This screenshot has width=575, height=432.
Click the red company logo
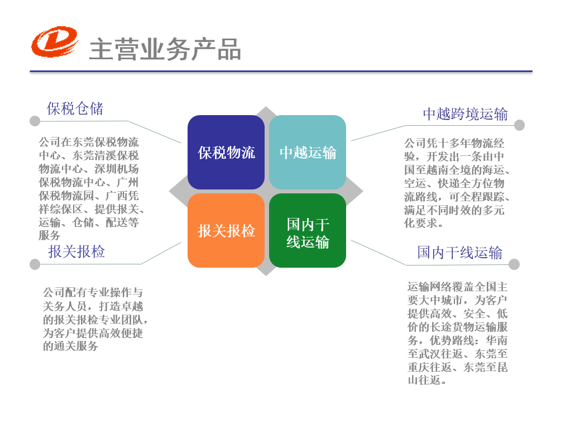pos(54,42)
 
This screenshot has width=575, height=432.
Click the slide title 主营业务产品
pos(165,50)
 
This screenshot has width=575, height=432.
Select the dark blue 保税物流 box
pos(226,152)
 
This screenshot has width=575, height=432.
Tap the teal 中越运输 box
pos(308,152)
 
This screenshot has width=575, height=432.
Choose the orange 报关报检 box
pos(226,230)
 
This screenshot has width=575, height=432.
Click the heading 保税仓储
pos(75,108)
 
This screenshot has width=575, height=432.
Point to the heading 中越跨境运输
pos(465,114)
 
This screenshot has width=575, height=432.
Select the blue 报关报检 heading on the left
pos(76,251)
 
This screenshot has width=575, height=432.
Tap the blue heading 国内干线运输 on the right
pos(459,253)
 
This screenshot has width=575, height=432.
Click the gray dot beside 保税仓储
pos(35,121)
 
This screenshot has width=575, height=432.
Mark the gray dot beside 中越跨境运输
pos(519,125)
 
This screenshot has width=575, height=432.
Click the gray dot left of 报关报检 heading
pos(35,264)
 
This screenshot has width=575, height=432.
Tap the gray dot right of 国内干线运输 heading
pos(514,264)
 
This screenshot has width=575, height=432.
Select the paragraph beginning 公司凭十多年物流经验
pos(457,183)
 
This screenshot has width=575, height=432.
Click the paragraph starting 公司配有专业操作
pos(94,319)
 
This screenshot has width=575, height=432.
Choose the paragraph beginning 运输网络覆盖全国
pos(457,333)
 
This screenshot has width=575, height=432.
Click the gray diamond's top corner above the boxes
pos(266,110)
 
